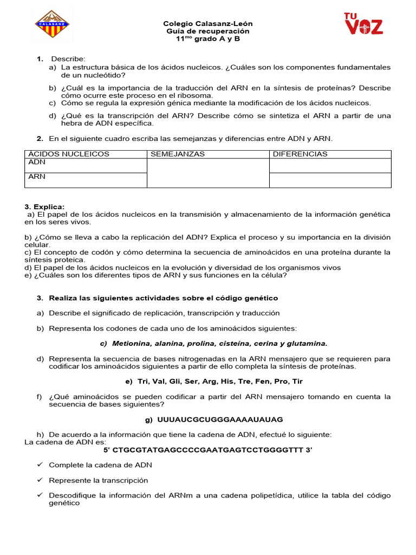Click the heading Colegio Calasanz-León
[208, 24]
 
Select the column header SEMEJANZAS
[178, 154]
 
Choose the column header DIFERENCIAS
[300, 154]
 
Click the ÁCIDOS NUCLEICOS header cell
[69, 154]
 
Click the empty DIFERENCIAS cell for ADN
[330, 165]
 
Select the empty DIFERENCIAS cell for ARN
[330, 180]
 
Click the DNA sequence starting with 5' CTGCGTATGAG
[208, 450]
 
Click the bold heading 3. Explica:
[44, 207]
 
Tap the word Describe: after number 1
[68, 59]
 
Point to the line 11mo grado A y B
[208, 40]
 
